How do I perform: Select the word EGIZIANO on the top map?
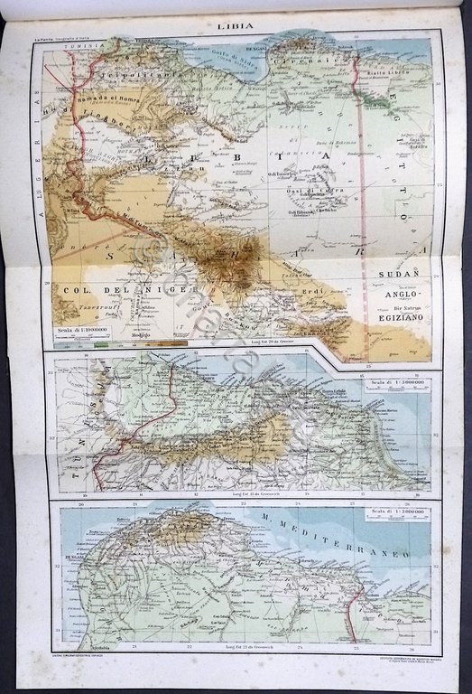[x=401, y=321]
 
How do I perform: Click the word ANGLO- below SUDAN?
[x=402, y=306]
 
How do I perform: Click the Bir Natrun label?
[x=401, y=308]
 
